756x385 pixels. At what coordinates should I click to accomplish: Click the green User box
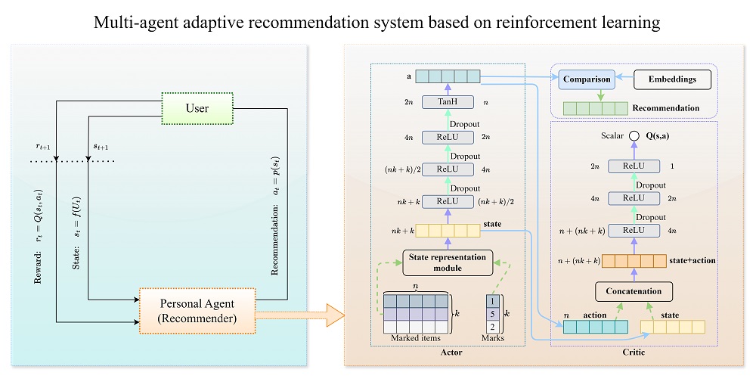[197, 108]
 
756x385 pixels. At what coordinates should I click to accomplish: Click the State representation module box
[448, 262]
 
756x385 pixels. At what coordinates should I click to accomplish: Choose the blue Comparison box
[587, 79]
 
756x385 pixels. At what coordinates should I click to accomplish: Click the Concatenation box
[634, 290]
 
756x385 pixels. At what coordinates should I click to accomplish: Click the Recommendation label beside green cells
[666, 108]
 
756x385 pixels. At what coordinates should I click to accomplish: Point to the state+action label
[692, 260]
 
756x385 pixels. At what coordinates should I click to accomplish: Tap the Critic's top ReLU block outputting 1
[634, 166]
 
